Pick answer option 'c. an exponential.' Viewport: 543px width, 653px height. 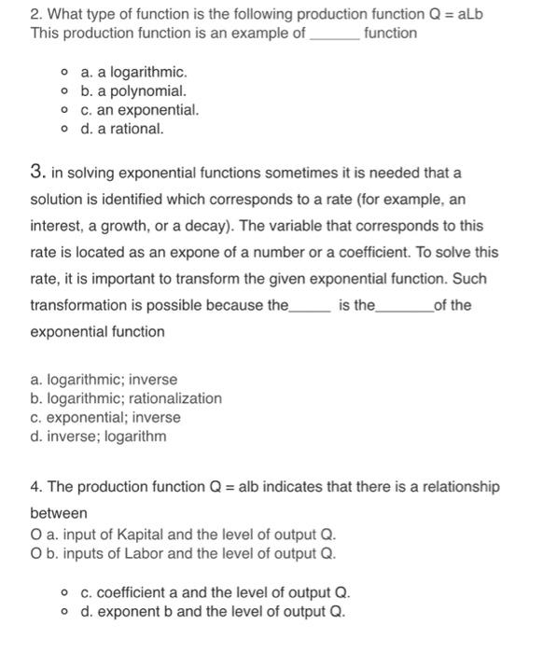[x=140, y=110]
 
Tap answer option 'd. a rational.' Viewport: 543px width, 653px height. [x=122, y=129]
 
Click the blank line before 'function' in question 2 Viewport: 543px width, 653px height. [x=333, y=34]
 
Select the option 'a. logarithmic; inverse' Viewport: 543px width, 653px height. [x=104, y=380]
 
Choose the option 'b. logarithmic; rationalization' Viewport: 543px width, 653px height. [x=126, y=398]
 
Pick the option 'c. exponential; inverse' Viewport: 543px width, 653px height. [x=105, y=417]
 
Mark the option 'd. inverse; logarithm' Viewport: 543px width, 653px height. [x=98, y=436]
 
